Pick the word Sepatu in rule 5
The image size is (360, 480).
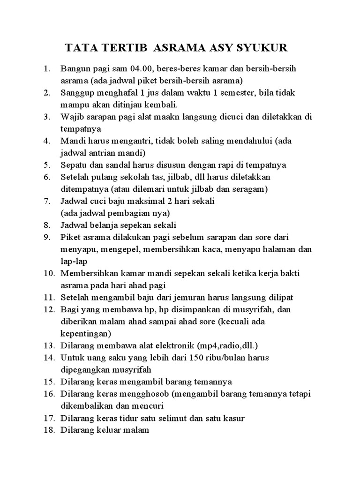click(73, 165)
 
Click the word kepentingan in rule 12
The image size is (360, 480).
click(86, 333)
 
